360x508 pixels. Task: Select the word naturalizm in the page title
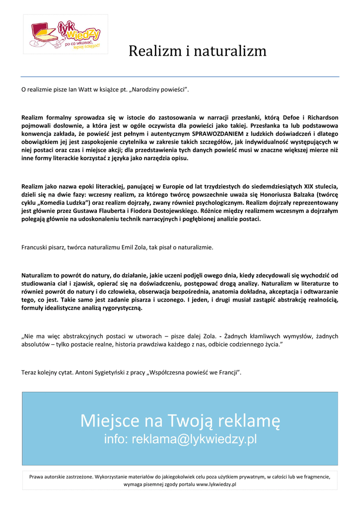coord(228,51)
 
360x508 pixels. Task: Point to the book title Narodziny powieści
coord(160,89)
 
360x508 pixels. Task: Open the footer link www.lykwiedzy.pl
coord(216,484)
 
